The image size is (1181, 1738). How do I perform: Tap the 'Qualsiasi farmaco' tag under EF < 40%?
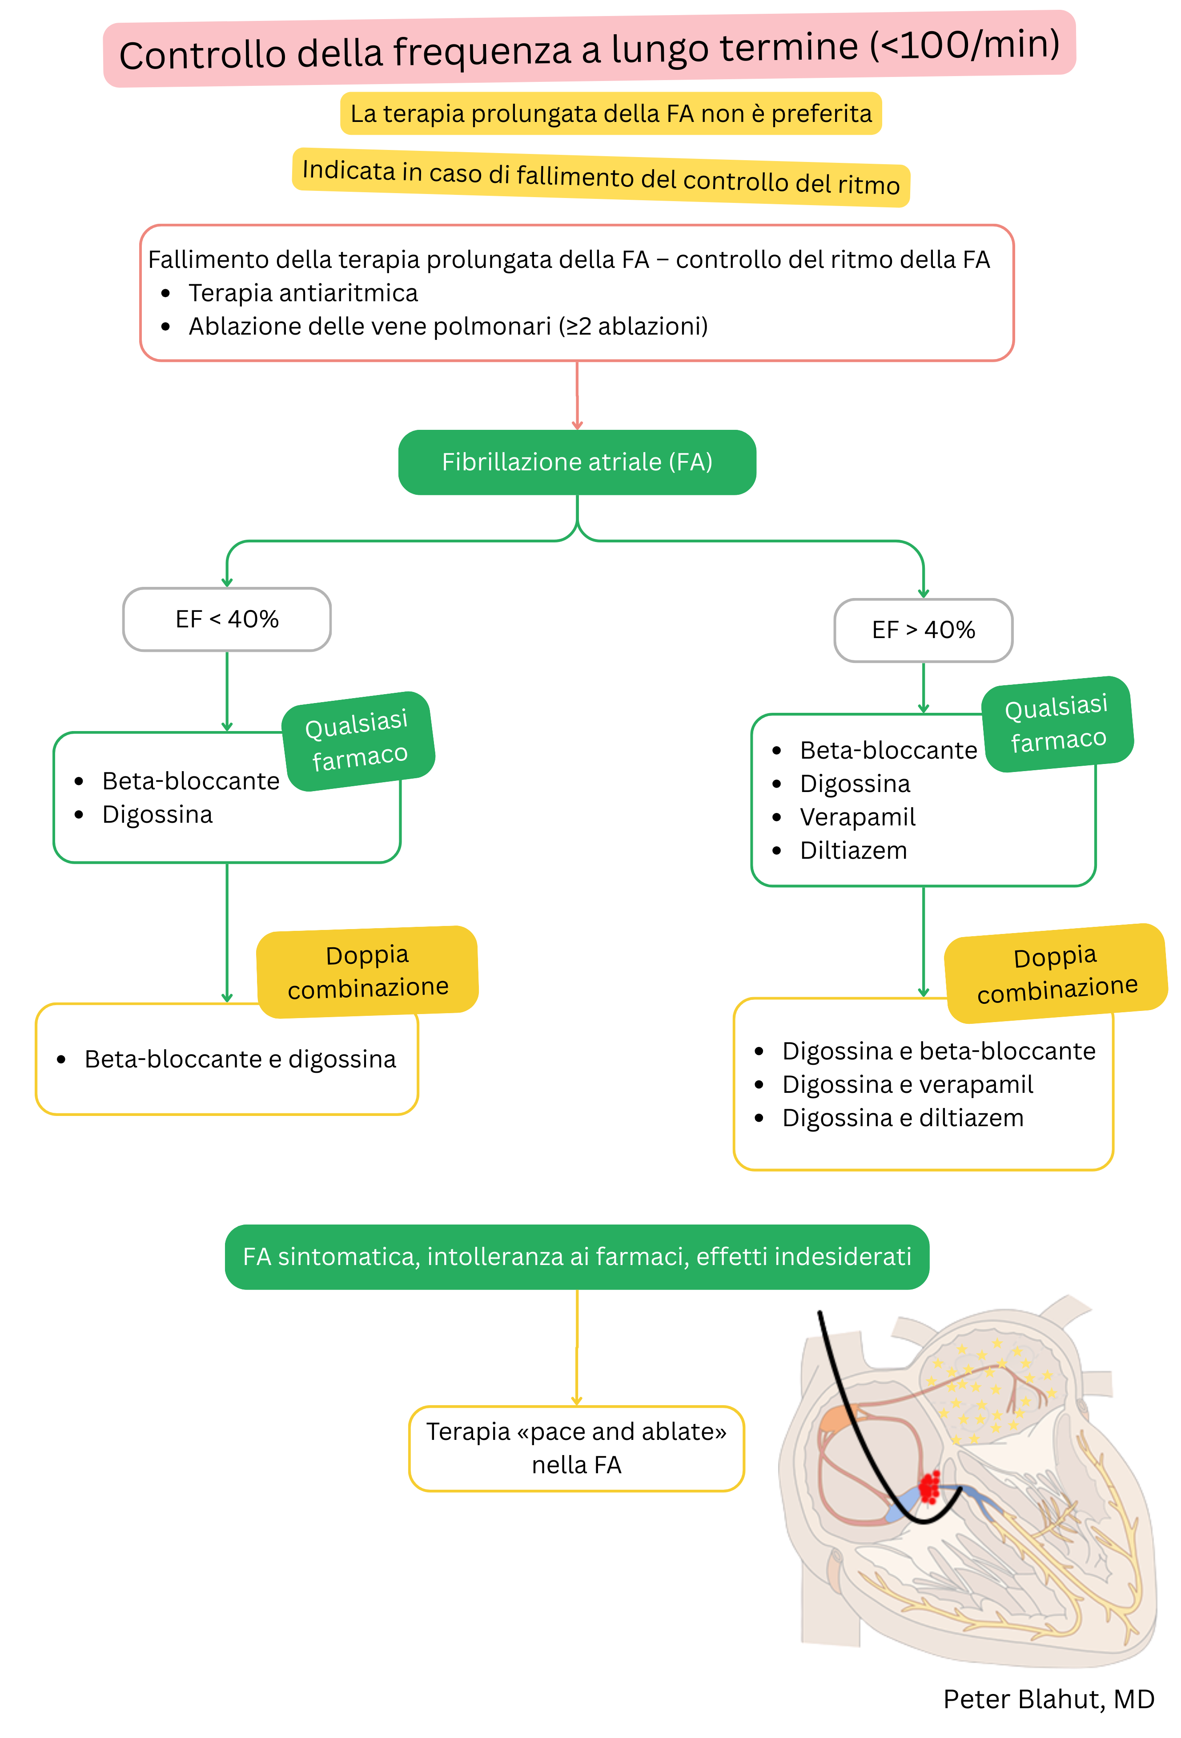[x=358, y=740]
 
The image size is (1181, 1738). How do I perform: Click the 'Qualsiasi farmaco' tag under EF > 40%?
[x=1057, y=723]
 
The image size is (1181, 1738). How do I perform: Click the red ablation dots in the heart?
[x=929, y=1486]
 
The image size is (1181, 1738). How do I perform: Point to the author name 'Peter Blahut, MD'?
[x=1048, y=1699]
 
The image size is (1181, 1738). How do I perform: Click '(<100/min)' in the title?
[x=964, y=45]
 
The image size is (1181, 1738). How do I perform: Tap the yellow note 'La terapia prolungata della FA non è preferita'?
[x=610, y=113]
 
